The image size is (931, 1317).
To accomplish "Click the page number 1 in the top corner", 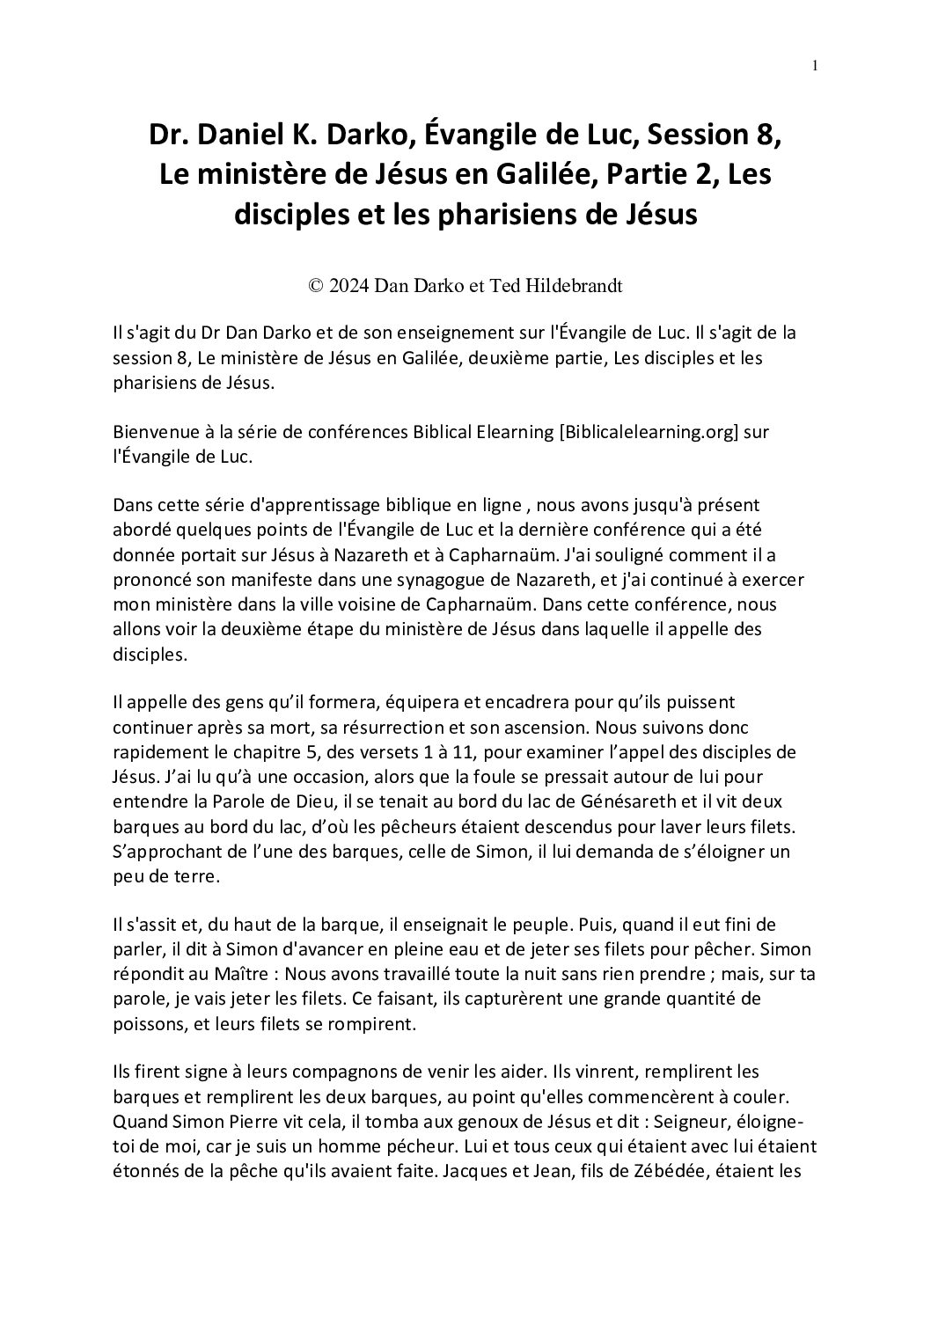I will pos(815,65).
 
